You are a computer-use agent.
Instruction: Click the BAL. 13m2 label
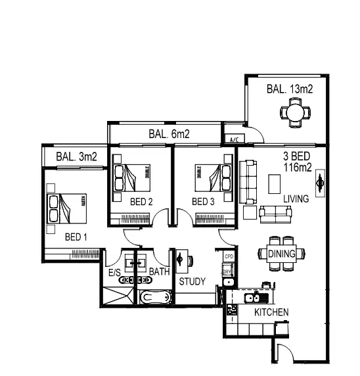tap(288, 89)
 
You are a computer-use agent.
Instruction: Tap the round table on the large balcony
tap(296, 114)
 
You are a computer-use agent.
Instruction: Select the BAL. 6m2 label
tap(169, 134)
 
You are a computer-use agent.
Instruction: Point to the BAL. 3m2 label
tap(76, 156)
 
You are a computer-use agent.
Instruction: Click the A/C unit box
tap(234, 139)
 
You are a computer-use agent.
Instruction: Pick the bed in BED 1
tap(66, 209)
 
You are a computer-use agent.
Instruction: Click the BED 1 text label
tap(76, 237)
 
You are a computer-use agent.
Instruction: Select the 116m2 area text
tap(297, 168)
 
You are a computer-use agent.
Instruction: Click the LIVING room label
tap(296, 199)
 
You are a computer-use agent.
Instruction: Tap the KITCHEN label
tap(271, 312)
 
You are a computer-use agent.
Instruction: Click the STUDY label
tap(192, 281)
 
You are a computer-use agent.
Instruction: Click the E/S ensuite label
tap(115, 271)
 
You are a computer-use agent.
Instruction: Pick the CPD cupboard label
tap(229, 256)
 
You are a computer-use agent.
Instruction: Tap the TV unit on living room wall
tap(320, 183)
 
